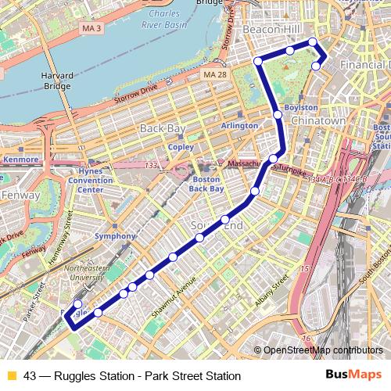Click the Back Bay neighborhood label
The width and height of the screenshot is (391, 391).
(160, 127)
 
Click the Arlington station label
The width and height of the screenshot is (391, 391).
(239, 125)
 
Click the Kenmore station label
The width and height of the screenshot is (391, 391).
(20, 160)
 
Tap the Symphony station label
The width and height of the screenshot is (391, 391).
(109, 235)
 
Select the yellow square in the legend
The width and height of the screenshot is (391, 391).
(10, 375)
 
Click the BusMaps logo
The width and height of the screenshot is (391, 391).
(353, 374)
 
